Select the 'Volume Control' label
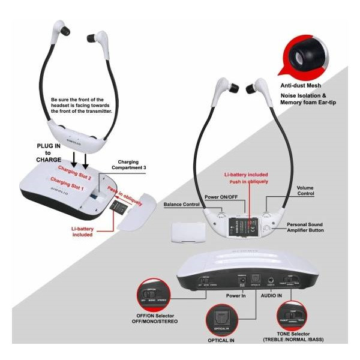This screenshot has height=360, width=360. click(x=305, y=191)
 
